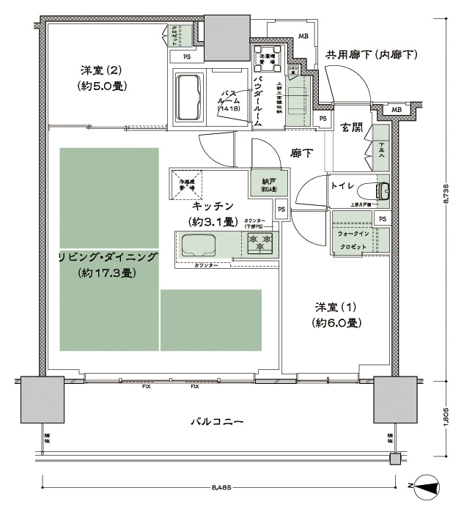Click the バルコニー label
216,422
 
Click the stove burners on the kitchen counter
259,242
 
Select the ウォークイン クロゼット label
353,240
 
